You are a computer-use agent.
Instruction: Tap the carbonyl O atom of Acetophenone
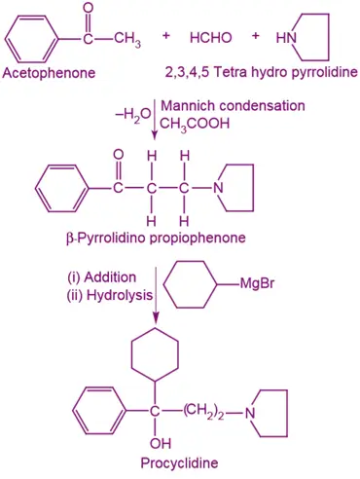coord(89,9)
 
